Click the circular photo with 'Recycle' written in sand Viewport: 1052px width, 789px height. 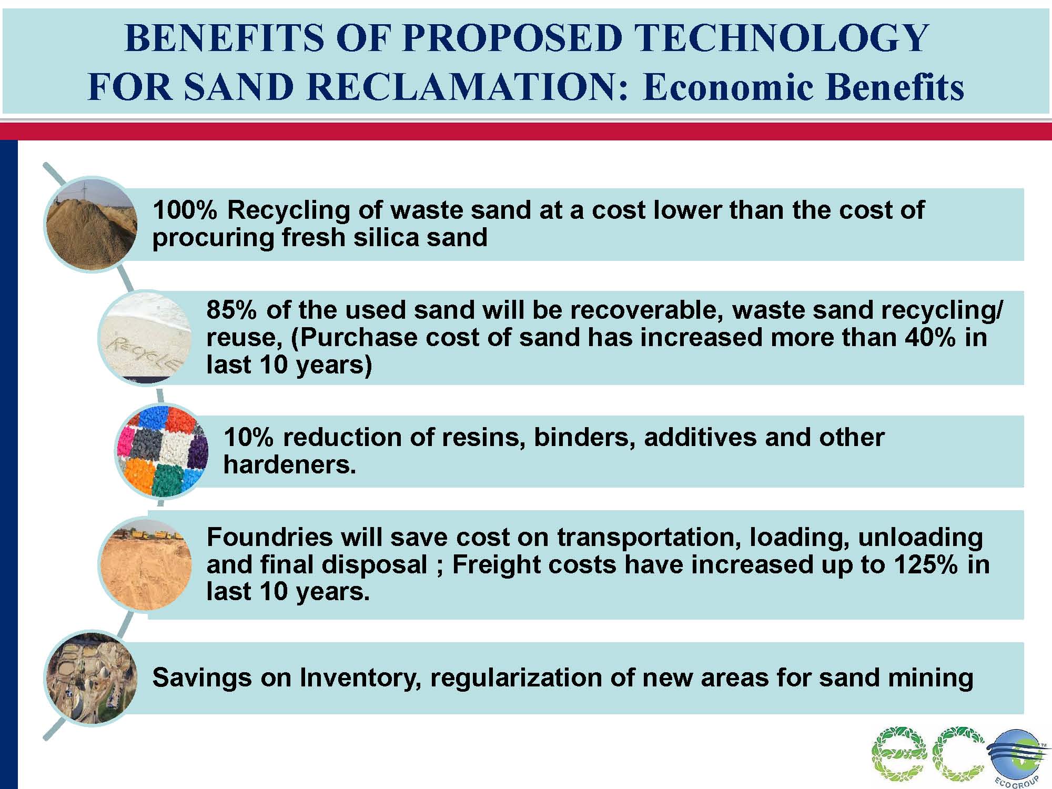coord(145,338)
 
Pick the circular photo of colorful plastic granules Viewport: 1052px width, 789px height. coord(162,451)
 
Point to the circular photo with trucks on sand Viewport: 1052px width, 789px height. coord(145,564)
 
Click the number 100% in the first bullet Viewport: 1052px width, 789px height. coord(185,210)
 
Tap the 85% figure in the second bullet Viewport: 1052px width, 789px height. coord(231,310)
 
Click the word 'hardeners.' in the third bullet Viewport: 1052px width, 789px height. coord(290,464)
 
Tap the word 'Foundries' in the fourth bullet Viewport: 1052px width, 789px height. coord(270,537)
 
